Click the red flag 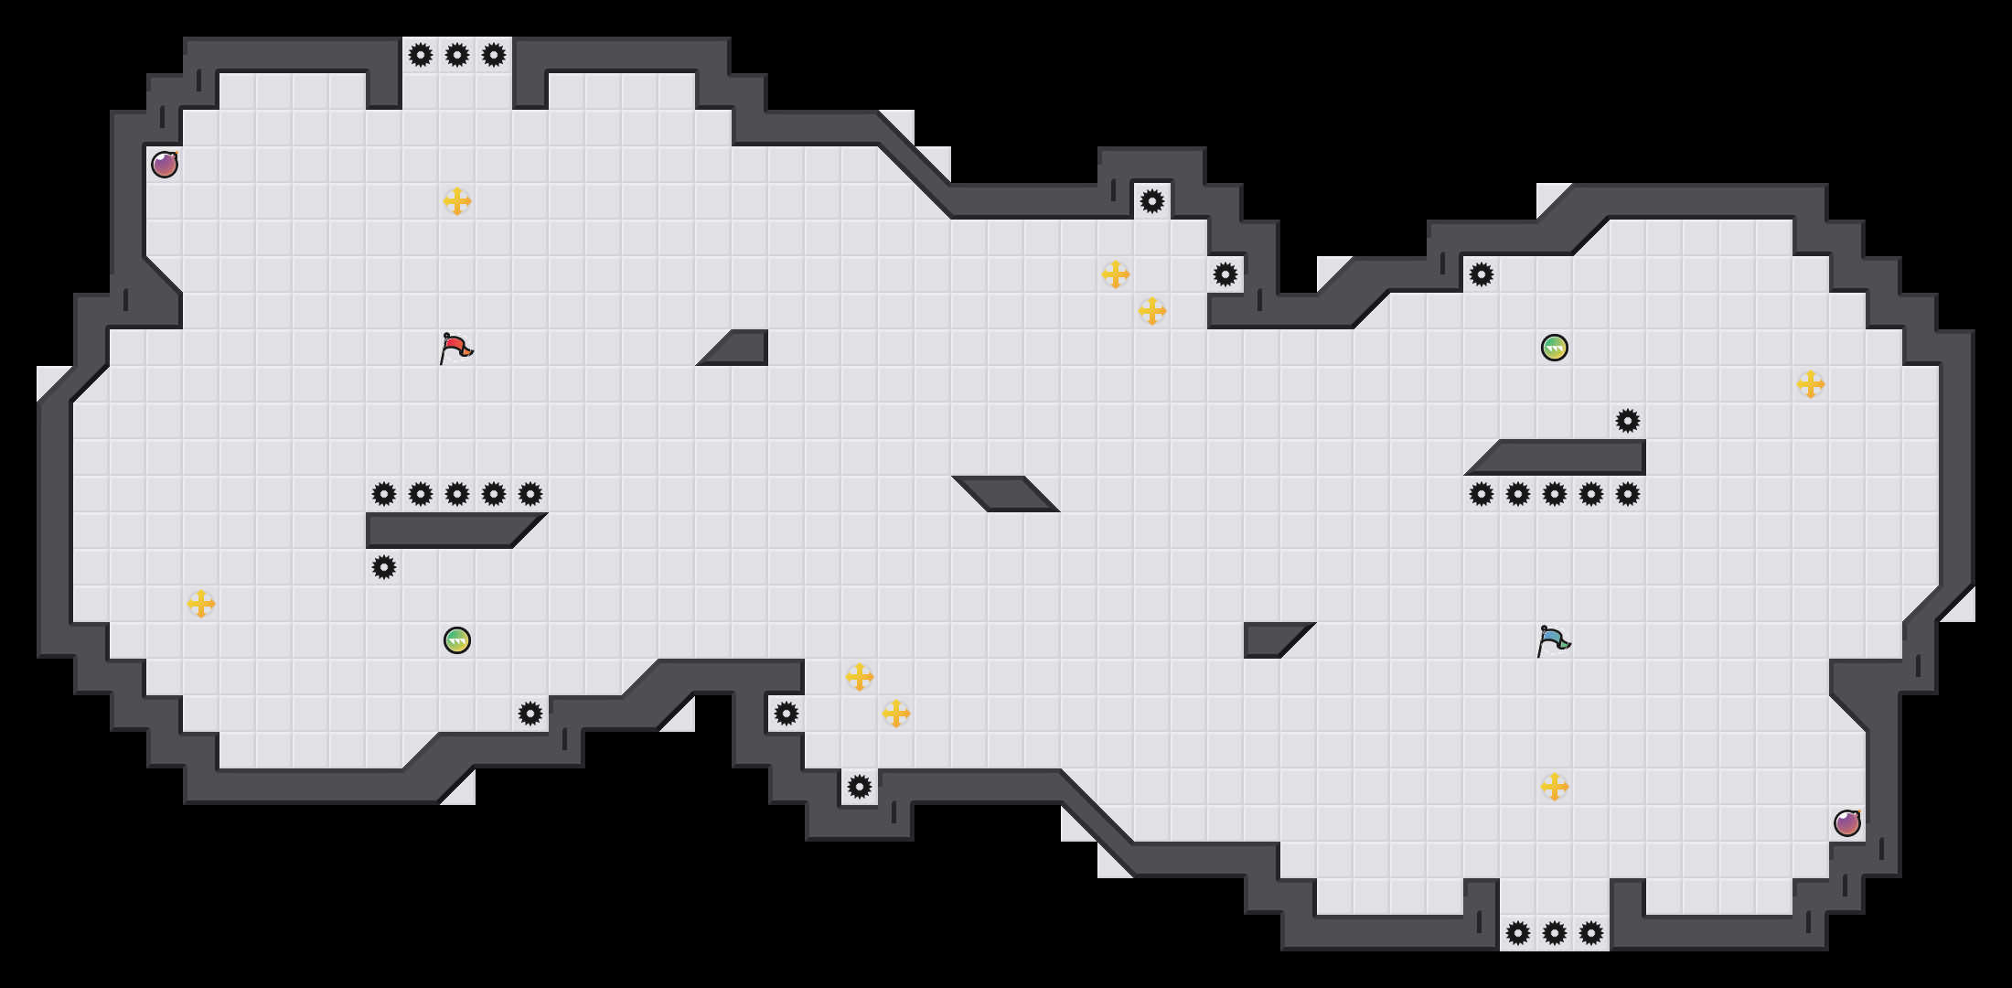pyautogui.click(x=455, y=349)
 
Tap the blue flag pyautogui.click(x=1553, y=640)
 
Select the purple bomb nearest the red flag pyautogui.click(x=165, y=165)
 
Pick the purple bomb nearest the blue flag pyautogui.click(x=1847, y=823)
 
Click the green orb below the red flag pyautogui.click(x=457, y=640)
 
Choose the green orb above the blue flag pyautogui.click(x=1555, y=348)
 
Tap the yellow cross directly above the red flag pyautogui.click(x=457, y=201)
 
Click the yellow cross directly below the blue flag pyautogui.click(x=1555, y=787)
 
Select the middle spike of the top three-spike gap pyautogui.click(x=457, y=55)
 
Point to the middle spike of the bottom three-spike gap pyautogui.click(x=1555, y=933)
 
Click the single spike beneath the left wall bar pyautogui.click(x=384, y=567)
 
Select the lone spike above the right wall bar pyautogui.click(x=1628, y=421)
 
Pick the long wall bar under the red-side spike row pyautogui.click(x=448, y=531)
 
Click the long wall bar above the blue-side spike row pyautogui.click(x=1564, y=457)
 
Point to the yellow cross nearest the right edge pyautogui.click(x=1811, y=384)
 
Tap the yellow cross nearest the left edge pyautogui.click(x=201, y=604)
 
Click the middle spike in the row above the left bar pyautogui.click(x=457, y=494)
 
